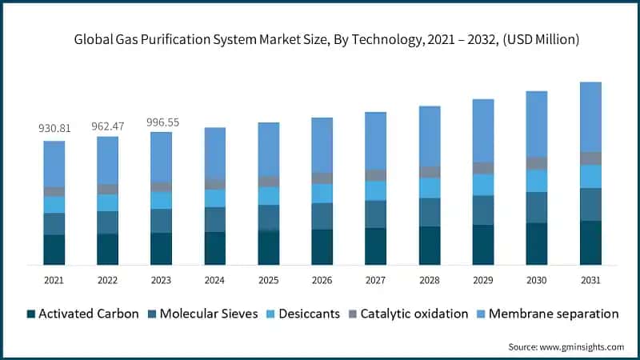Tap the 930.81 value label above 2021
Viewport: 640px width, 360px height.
pos(54,128)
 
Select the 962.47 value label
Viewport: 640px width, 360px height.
pos(108,126)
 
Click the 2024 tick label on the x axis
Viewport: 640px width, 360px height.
pos(214,281)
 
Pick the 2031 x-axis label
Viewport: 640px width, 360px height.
pos(590,281)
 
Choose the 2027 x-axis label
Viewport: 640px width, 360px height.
pos(375,281)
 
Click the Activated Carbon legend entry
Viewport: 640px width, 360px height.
pos(83,314)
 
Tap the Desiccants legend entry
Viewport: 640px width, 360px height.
pos(305,314)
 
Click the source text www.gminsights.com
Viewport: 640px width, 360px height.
pos(566,346)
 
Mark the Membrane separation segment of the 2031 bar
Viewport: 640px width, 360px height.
pos(590,117)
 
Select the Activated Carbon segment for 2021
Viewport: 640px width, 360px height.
pos(54,250)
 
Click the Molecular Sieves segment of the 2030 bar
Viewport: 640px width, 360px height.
pos(537,207)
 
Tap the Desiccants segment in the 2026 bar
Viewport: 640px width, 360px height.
pos(322,194)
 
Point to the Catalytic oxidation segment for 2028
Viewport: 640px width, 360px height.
pos(429,172)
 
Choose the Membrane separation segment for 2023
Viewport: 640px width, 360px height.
pos(162,157)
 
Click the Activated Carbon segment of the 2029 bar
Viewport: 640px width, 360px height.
pos(483,245)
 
